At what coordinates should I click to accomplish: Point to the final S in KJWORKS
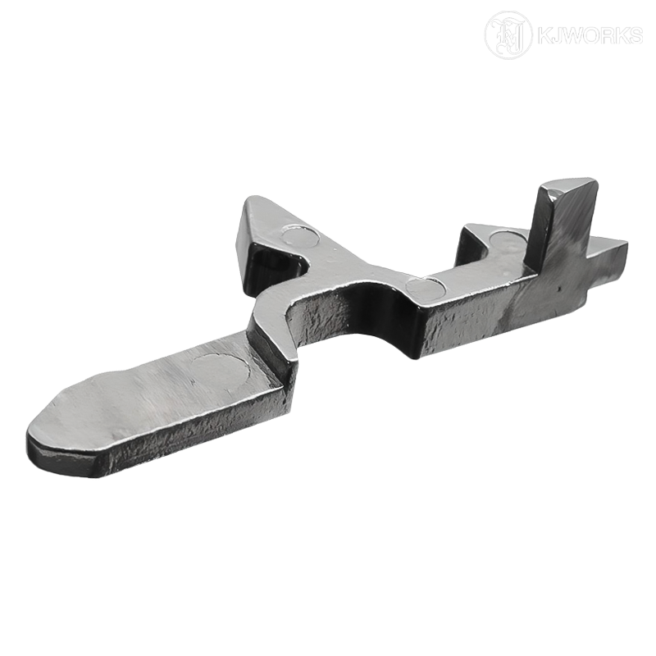tap(635, 36)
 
